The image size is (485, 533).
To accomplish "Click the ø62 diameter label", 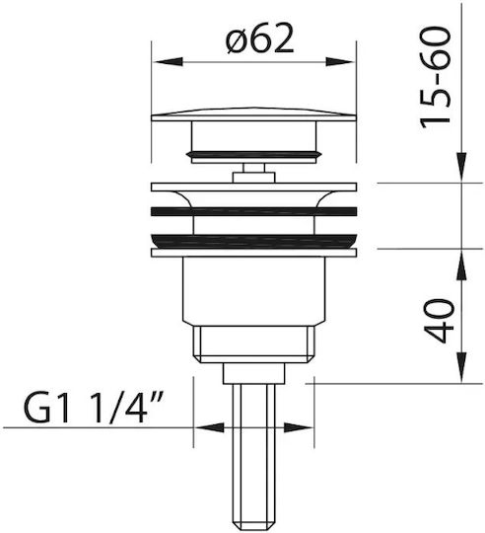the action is pos(259,39).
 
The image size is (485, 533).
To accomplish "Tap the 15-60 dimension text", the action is pos(436,78).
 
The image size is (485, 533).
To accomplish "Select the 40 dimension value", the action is pos(439,321).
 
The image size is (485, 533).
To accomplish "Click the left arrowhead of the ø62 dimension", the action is pos(169,62).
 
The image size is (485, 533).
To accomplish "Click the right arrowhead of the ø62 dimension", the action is pos(340,62).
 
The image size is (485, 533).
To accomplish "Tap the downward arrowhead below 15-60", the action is pos(462,167).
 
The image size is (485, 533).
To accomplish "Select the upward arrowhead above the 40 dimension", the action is pos(462,265).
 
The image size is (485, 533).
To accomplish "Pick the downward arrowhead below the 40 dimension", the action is pos(462,368).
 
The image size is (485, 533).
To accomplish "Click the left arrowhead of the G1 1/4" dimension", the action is pos(209,427).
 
